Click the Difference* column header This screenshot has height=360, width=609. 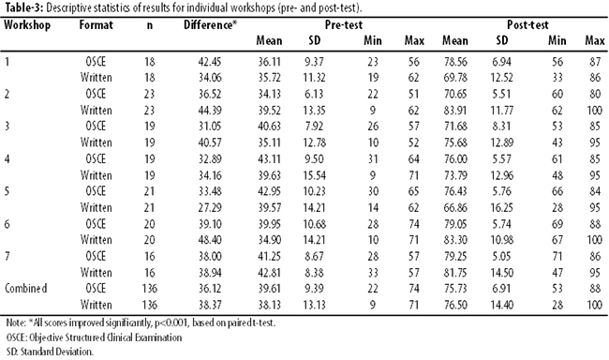(x=210, y=25)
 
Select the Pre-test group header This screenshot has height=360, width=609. (x=343, y=25)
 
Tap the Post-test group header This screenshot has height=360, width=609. (x=527, y=25)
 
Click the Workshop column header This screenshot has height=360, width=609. (x=27, y=25)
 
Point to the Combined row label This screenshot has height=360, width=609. (x=25, y=289)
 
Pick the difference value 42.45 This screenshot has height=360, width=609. (x=210, y=62)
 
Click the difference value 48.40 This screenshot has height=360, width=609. (x=210, y=240)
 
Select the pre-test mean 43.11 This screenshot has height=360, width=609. (x=269, y=159)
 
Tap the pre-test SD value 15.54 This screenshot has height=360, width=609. (x=314, y=175)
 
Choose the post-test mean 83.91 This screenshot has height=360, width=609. (x=455, y=111)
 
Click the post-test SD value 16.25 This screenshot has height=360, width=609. (x=501, y=208)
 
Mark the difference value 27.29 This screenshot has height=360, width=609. (x=210, y=208)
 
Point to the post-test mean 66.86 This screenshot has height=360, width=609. (x=455, y=208)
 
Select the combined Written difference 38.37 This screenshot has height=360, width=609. (x=210, y=306)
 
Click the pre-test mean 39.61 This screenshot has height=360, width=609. (x=269, y=289)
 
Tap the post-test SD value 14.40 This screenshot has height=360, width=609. (x=501, y=306)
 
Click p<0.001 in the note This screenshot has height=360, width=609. (x=171, y=323)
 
